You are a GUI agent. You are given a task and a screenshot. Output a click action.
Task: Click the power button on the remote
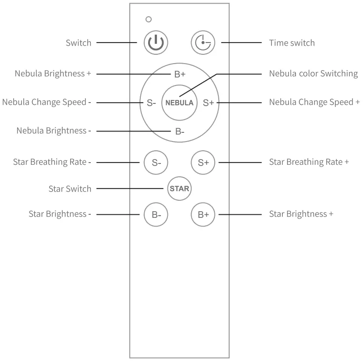[x=156, y=43]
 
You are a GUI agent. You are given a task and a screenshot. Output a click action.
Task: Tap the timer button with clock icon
[x=203, y=43]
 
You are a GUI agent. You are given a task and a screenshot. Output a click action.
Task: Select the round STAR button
[x=179, y=189]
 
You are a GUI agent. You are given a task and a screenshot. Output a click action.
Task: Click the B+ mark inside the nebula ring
[x=180, y=74]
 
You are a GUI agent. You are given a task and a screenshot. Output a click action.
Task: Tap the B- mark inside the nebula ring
[x=180, y=131]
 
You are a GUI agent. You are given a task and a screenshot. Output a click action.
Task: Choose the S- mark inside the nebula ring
[x=151, y=103]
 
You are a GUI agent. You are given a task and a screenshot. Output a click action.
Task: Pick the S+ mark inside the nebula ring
[x=208, y=103]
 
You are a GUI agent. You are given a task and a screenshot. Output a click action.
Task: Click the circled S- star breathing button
[x=156, y=162]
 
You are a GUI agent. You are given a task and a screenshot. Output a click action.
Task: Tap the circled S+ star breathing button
[x=203, y=162]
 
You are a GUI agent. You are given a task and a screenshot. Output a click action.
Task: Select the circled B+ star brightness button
[x=203, y=215]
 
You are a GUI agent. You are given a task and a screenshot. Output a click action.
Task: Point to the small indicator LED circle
[x=149, y=19]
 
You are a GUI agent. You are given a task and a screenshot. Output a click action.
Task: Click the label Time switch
[x=292, y=43]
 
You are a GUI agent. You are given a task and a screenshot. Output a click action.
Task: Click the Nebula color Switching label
[x=313, y=74]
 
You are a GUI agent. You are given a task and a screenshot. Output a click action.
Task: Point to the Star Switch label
[x=70, y=189]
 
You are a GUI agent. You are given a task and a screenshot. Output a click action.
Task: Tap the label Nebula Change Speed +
[x=314, y=102]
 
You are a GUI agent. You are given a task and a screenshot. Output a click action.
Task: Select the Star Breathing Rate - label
[x=52, y=162]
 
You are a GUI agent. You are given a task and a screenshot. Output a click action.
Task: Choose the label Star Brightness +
[x=301, y=214]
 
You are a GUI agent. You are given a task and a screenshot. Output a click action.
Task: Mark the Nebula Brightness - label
[x=54, y=131]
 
